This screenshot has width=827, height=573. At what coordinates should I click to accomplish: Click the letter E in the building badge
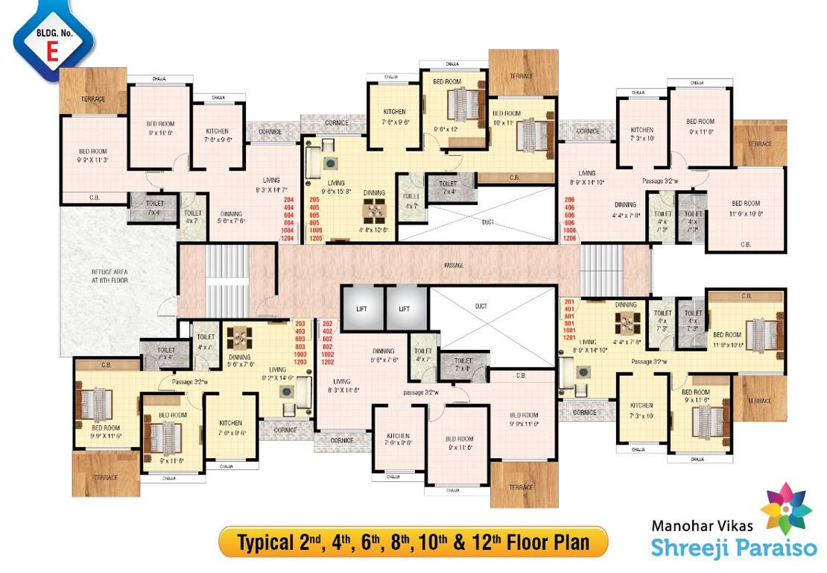(53, 50)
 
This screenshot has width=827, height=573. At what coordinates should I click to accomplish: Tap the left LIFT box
(362, 307)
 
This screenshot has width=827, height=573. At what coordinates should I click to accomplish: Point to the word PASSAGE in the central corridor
(453, 265)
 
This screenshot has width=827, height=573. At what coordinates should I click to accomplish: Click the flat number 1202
(327, 362)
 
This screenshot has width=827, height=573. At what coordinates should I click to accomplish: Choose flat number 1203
(300, 362)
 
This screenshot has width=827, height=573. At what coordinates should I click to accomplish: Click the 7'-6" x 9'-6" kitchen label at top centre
(395, 116)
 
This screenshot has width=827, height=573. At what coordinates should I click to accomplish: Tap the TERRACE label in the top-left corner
(93, 98)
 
